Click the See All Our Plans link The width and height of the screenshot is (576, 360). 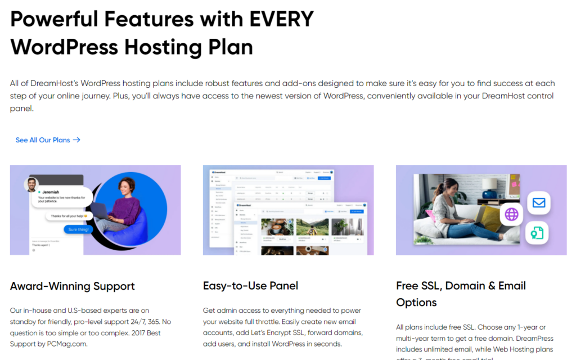[x=43, y=140]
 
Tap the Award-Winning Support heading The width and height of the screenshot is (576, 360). [x=73, y=286]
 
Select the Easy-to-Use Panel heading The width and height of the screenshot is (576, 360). [x=250, y=286]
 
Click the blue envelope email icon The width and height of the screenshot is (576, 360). [x=538, y=202]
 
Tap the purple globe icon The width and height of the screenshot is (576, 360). [x=511, y=214]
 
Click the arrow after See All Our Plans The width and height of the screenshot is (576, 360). [x=77, y=140]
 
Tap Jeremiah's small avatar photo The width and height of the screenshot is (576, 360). [x=31, y=184]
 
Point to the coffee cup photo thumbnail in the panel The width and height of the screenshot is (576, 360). [x=276, y=227]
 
